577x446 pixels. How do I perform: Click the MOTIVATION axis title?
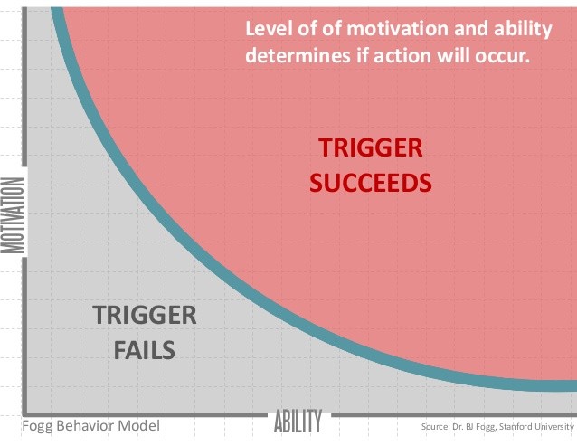(13, 215)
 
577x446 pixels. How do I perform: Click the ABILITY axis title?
(298, 421)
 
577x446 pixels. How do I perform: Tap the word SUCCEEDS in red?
(371, 183)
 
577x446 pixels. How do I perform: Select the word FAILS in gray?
(145, 350)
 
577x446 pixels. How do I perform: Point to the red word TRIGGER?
(371, 148)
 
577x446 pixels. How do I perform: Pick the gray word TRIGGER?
(145, 316)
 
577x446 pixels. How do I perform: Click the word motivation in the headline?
(397, 29)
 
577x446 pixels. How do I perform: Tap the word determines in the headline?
(298, 56)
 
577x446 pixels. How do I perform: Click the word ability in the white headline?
(523, 30)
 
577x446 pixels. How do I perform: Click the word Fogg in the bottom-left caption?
(37, 426)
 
